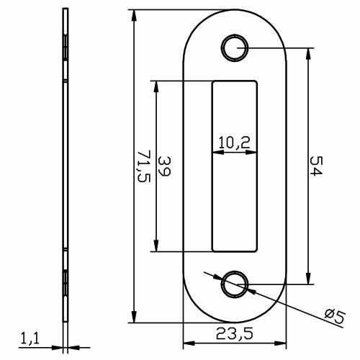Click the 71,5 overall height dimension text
143,166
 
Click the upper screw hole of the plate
234,48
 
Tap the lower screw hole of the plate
234,284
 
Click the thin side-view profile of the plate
66,166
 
